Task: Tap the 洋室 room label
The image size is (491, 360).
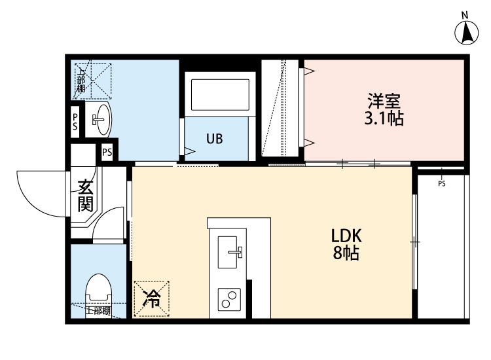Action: coord(384,101)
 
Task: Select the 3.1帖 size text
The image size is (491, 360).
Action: coord(384,118)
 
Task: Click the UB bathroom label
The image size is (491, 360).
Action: coord(215,139)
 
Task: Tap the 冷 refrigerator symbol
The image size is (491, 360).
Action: coord(151,299)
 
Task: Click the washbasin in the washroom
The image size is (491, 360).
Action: coord(99,119)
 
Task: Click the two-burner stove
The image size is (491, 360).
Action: coord(229,300)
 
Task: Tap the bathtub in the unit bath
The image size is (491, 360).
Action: coord(219,97)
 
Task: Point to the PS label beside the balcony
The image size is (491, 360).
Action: coord(442,184)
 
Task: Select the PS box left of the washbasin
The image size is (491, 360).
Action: coord(75,121)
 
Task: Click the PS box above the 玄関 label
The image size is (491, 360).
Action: coord(107,152)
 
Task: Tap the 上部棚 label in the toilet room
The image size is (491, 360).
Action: coord(98,310)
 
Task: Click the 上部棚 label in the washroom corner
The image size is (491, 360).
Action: coord(81,79)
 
